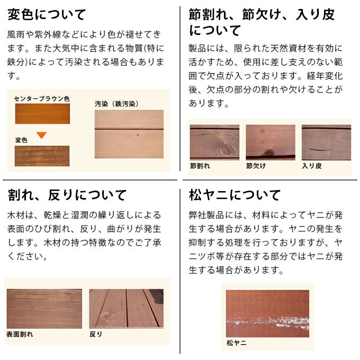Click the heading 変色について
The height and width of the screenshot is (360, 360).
coord(47,14)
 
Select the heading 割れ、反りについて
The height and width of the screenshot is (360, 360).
coord(67,195)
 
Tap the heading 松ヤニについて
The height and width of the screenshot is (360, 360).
coord(235,195)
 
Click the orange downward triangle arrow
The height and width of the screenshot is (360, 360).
coord(42,135)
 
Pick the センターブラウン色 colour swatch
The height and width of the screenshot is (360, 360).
coord(42,114)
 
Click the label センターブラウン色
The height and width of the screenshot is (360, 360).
coord(42,98)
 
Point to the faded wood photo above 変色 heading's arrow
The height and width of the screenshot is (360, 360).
coord(42,156)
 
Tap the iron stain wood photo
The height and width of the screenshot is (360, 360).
coord(129,134)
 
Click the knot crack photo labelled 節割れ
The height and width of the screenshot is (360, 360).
coord(214,142)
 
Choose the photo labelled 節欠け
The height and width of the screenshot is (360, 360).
coord(271,142)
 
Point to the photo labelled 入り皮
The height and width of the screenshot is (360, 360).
coord(326,142)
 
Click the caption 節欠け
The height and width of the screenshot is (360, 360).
coord(256,166)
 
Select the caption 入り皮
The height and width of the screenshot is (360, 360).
coord(312,166)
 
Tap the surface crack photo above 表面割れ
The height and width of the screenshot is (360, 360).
coord(44,308)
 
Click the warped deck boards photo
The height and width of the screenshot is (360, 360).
coord(126,308)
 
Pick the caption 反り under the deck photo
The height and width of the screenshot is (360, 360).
coord(96,335)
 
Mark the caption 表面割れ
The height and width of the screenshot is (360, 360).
coord(20,335)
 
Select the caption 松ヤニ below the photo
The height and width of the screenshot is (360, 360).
coord(236,343)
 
